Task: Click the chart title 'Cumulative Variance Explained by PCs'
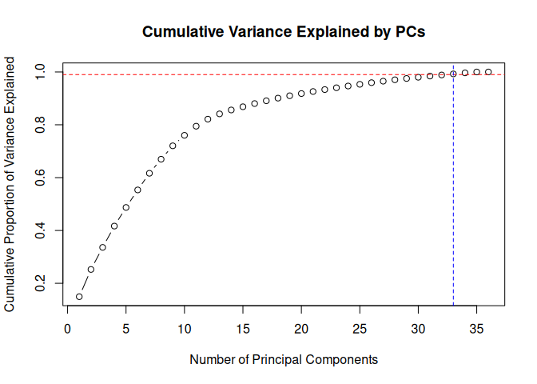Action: coord(284,33)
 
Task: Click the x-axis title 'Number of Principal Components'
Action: coord(284,360)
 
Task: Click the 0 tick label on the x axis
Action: coord(67,328)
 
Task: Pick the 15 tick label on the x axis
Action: coord(243,328)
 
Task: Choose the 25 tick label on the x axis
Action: coord(360,328)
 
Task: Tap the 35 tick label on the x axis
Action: coord(476,328)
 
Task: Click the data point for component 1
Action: coord(79,297)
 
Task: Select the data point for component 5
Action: coord(126,207)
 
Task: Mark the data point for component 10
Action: coord(185,135)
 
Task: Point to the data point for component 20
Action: coord(301,94)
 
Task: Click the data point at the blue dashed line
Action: coord(453,74)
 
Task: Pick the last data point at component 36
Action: coord(488,72)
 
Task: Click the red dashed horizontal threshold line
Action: coord(240,74)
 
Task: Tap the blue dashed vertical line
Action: coord(453,200)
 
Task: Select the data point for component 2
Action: coord(91,270)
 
